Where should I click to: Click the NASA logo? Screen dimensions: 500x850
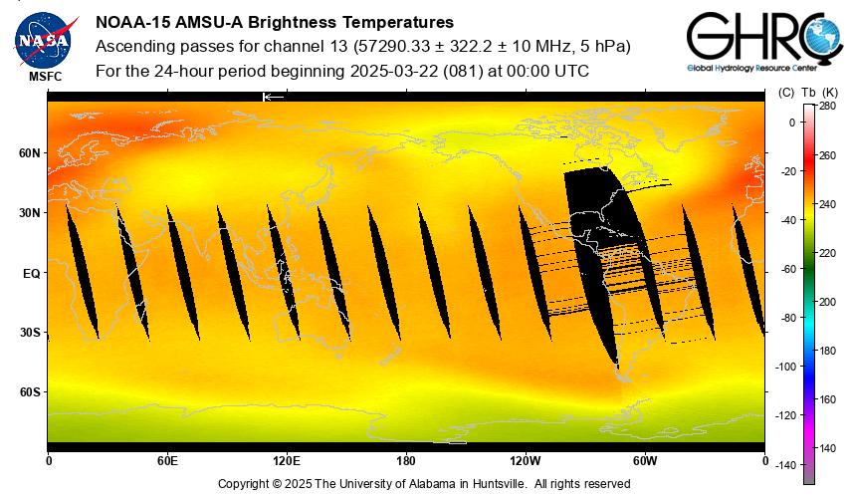43,39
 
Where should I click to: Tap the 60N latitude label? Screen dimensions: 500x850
29,153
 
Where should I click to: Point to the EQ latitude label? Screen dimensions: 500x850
31,272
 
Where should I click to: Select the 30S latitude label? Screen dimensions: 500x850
29,332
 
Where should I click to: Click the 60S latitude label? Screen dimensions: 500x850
29,391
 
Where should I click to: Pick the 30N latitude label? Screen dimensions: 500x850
29,213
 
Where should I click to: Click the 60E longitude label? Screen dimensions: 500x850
167,461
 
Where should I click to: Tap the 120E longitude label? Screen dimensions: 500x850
287,461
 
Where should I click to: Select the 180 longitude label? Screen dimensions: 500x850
406,461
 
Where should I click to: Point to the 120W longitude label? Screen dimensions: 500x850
526,461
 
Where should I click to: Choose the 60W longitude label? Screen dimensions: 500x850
645,461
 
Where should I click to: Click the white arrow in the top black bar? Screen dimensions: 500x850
273,97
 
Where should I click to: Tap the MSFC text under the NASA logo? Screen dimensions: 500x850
43,76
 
